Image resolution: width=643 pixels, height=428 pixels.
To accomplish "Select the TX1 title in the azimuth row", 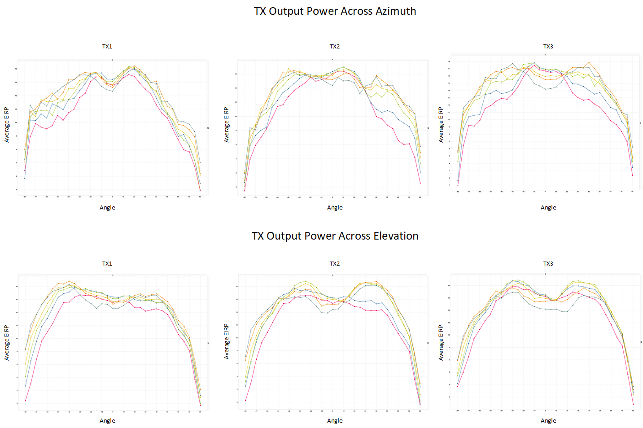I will tap(107, 47).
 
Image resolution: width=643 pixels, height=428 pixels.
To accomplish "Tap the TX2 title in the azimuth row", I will tap(335, 47).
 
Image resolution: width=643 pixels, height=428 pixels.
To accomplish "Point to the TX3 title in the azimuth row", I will tap(548, 47).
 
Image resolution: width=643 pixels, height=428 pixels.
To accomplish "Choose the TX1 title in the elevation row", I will tap(107, 264).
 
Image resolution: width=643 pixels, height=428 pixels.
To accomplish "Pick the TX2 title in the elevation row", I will tap(335, 264).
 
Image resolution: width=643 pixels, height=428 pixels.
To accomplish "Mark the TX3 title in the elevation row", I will tap(548, 264).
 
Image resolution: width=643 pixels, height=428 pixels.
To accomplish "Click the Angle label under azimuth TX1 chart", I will tap(107, 208).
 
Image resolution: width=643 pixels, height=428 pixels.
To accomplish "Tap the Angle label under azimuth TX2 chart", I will tap(335, 208).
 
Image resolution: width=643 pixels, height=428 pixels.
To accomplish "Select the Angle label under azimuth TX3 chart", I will tap(548, 208).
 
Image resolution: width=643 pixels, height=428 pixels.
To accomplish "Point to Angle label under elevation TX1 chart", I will tap(107, 421).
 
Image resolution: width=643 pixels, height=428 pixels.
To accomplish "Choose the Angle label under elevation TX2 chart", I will tap(335, 421).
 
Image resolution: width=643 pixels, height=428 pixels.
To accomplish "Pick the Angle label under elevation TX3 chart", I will tap(548, 421).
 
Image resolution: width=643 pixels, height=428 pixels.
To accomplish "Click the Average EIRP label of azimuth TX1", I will tap(7, 125).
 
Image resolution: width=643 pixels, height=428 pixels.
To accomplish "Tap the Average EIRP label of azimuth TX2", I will tap(227, 125).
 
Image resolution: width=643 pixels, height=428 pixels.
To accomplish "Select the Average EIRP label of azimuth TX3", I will tap(441, 125).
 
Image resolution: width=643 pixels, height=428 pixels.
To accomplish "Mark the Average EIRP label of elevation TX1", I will tap(7, 343).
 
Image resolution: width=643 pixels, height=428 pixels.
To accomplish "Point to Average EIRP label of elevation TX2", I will tap(227, 341).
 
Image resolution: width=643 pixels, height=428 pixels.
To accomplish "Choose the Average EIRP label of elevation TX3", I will tap(441, 343).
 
